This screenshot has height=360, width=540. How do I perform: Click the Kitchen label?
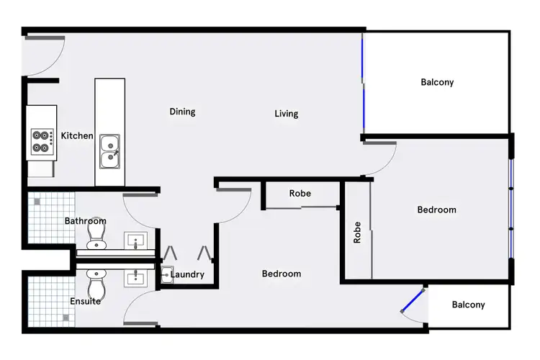tap(77, 136)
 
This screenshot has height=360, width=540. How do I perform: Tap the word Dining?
tap(182, 112)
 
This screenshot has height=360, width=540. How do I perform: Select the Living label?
tap(286, 114)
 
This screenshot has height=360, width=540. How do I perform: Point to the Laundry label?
tap(187, 274)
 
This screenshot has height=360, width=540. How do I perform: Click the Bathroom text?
tap(86, 221)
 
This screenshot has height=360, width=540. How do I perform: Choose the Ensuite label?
tap(85, 301)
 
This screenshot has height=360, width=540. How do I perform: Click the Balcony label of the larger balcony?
tap(437, 82)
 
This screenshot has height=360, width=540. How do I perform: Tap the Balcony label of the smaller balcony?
tap(468, 305)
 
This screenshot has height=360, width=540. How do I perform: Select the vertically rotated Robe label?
tap(357, 231)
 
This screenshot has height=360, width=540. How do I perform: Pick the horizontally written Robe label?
tap(300, 194)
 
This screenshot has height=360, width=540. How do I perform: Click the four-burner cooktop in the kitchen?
tap(41, 142)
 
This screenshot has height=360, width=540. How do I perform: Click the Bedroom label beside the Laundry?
tap(281, 274)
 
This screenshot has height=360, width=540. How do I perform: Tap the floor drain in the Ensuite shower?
tap(66, 317)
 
